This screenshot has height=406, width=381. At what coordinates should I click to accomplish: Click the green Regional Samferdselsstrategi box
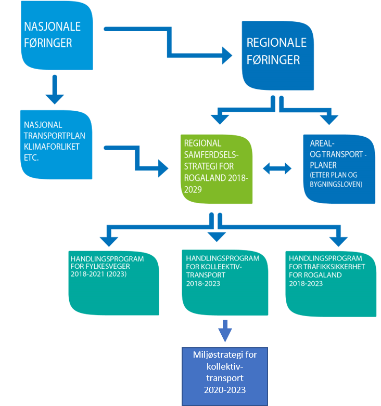point(218,169)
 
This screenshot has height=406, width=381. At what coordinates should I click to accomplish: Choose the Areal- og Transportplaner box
point(339,169)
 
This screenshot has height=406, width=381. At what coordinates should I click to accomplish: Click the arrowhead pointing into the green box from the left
point(162,167)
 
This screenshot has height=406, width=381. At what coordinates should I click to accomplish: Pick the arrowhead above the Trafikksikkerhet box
point(338,240)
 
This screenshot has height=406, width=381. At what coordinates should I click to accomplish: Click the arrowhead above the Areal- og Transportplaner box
point(329,119)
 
